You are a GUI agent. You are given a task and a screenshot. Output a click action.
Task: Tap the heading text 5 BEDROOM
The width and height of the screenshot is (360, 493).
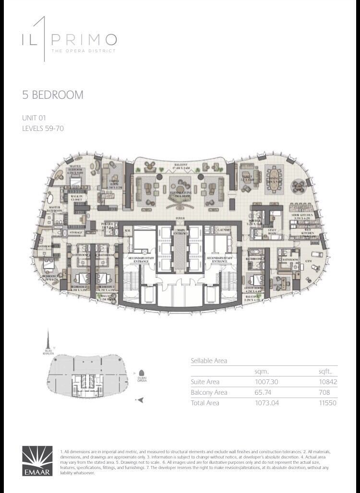(53, 95)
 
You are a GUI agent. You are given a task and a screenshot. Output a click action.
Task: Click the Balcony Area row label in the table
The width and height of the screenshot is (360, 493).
(209, 392)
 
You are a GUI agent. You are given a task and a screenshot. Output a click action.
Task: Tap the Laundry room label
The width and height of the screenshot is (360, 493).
(224, 230)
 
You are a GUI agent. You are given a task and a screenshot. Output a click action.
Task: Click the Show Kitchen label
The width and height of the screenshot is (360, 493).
(303, 216)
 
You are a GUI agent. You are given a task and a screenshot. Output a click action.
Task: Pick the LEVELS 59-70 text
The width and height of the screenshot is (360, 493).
(43, 128)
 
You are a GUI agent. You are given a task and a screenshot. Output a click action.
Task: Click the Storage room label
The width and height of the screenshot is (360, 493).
(76, 233)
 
